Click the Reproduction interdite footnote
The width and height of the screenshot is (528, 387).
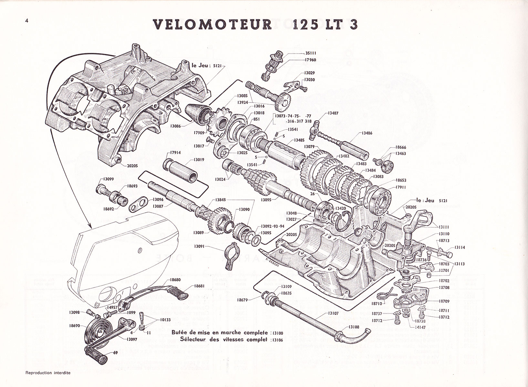point(48,373)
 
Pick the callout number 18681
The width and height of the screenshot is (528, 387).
point(199,286)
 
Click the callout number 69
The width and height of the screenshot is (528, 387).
point(115,353)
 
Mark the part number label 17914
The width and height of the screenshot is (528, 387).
point(175,153)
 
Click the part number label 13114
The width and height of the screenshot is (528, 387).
point(461,247)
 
